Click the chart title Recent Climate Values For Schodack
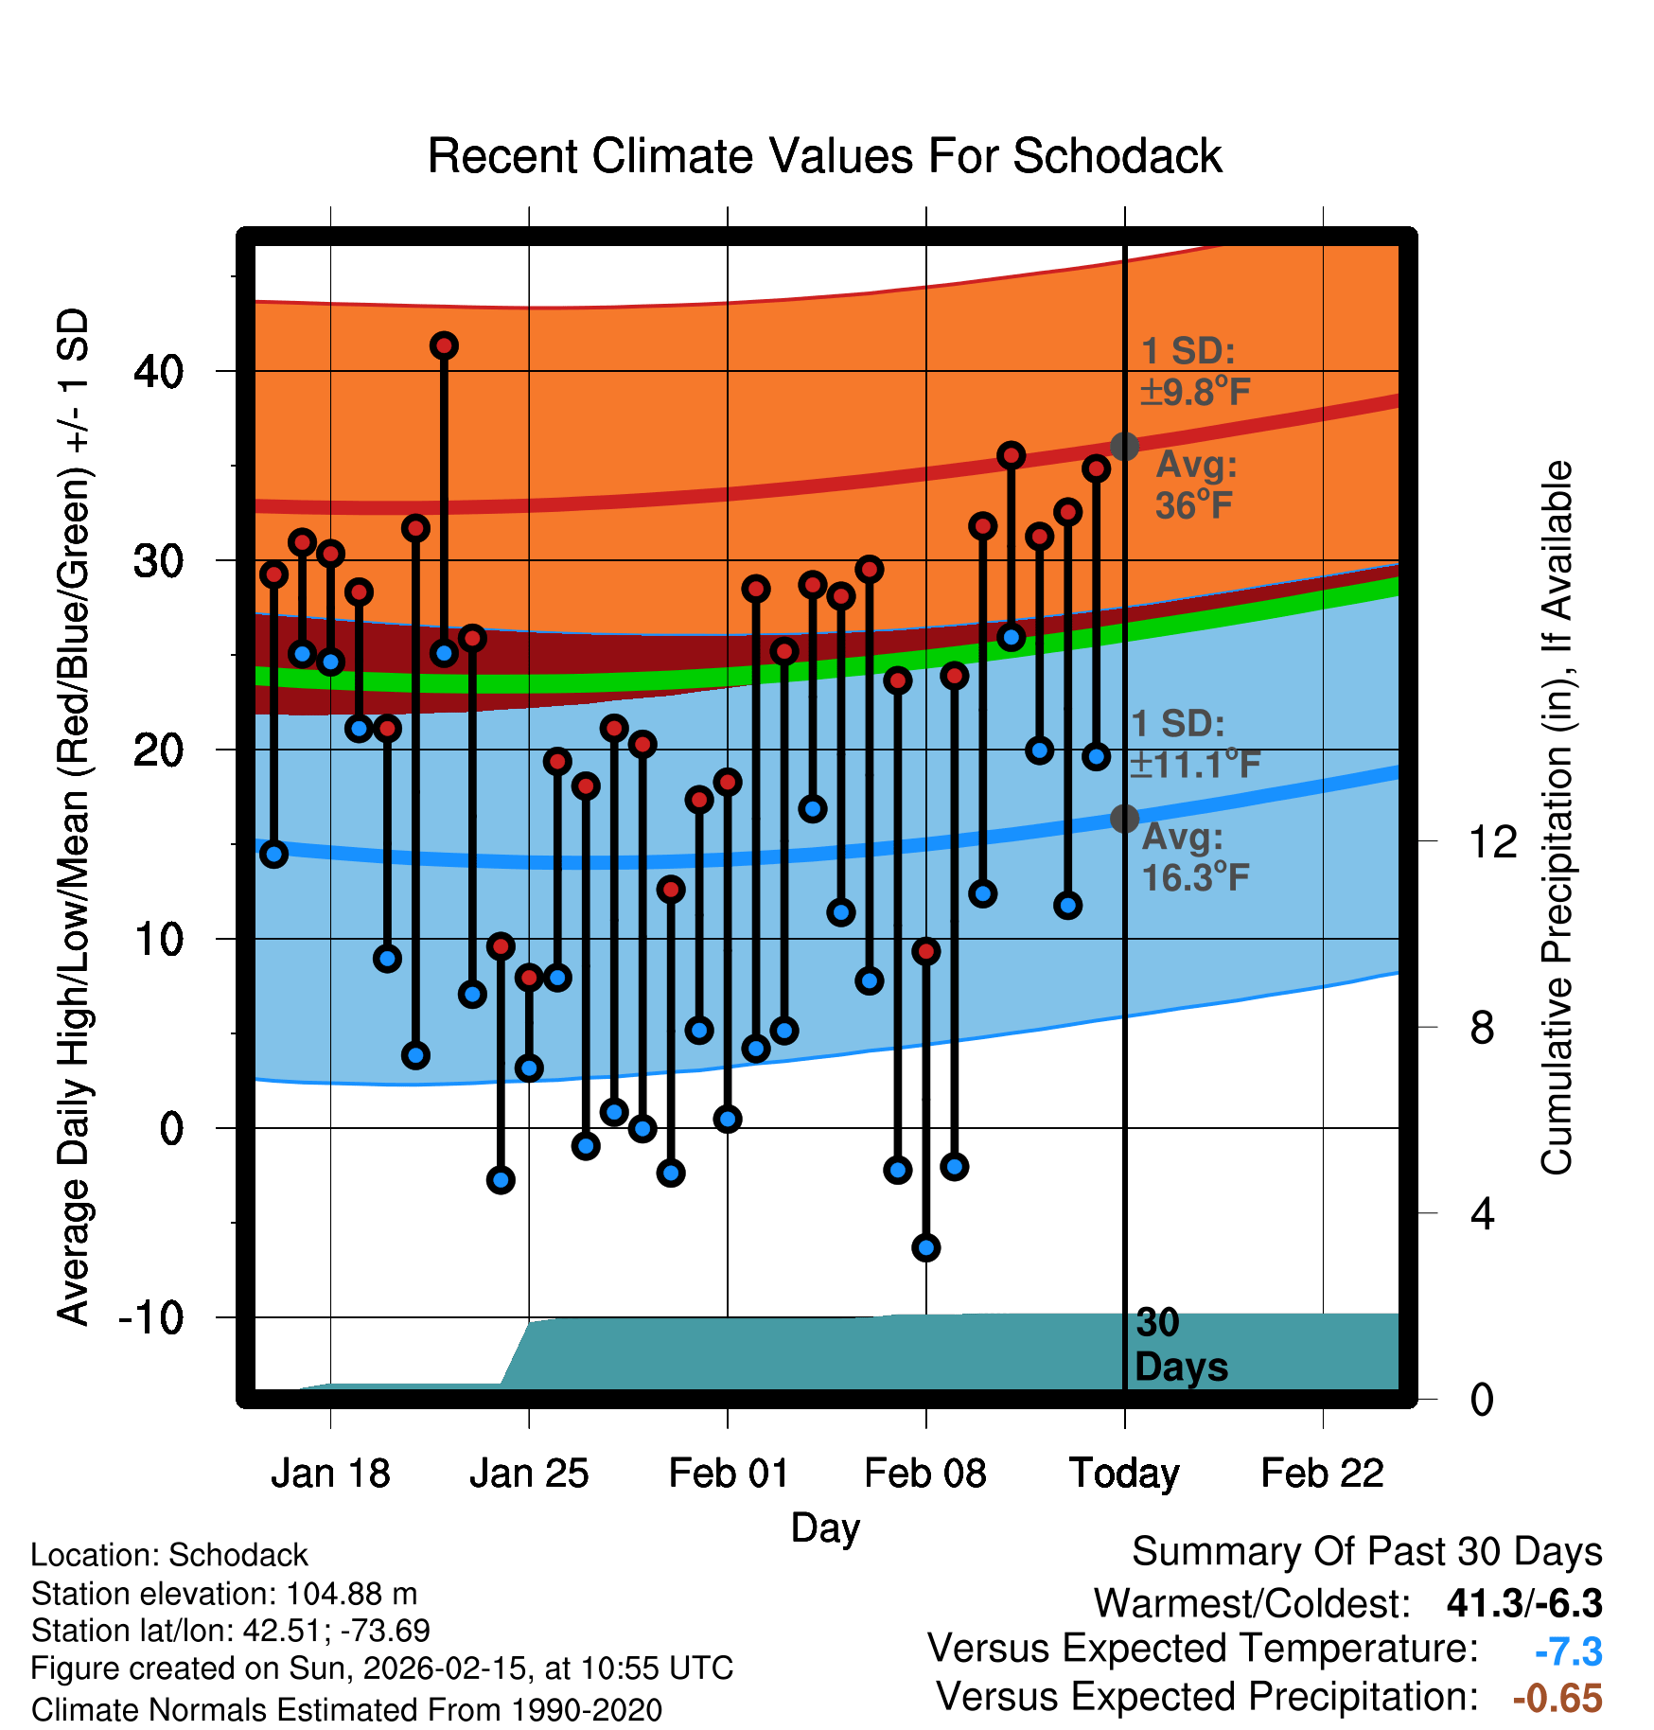coord(824,156)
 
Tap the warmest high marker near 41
coord(444,346)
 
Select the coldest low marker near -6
coord(926,1247)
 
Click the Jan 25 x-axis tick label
coord(529,1474)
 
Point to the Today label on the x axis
coord(1124,1474)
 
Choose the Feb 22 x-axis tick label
coord(1322,1474)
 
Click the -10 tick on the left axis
coord(151,1317)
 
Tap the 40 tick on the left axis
coord(159,371)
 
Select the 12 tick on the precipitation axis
coord(1492,841)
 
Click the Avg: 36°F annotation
coord(1195,485)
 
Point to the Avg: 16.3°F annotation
coord(1195,857)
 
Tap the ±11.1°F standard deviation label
coord(1195,763)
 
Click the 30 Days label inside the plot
coord(1180,1345)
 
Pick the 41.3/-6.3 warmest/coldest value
coord(1524,1603)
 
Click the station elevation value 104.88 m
coord(351,1594)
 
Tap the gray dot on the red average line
coord(1124,447)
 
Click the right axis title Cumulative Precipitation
coord(1557,818)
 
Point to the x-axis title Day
coord(825,1528)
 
